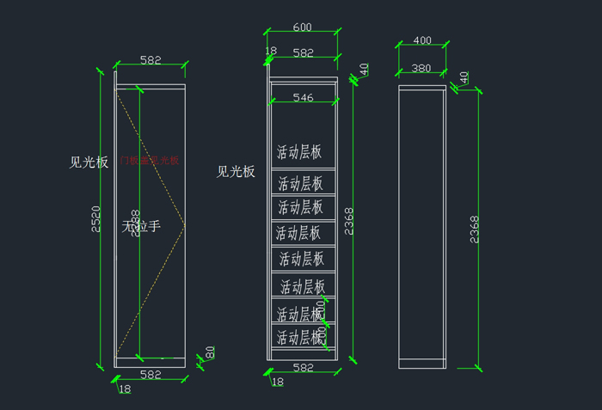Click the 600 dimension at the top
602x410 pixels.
tap(301, 27)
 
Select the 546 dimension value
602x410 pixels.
tap(303, 97)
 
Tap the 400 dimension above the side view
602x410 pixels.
tap(422, 40)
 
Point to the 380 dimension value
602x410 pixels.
tap(421, 67)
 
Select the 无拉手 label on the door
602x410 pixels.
tap(141, 226)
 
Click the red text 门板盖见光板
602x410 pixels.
tap(150, 160)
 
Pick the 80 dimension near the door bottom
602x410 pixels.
tap(209, 353)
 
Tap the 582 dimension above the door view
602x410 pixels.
tap(150, 60)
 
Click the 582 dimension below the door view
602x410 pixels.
tap(150, 375)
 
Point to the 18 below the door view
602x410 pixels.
tap(125, 389)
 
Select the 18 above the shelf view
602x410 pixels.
tap(271, 52)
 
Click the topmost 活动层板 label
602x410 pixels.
tap(299, 152)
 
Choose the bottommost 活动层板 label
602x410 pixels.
tap(300, 338)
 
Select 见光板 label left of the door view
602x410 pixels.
tap(89, 162)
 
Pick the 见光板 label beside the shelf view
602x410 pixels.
tap(236, 172)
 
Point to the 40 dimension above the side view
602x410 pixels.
tap(464, 77)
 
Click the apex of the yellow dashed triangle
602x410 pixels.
tap(185, 225)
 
